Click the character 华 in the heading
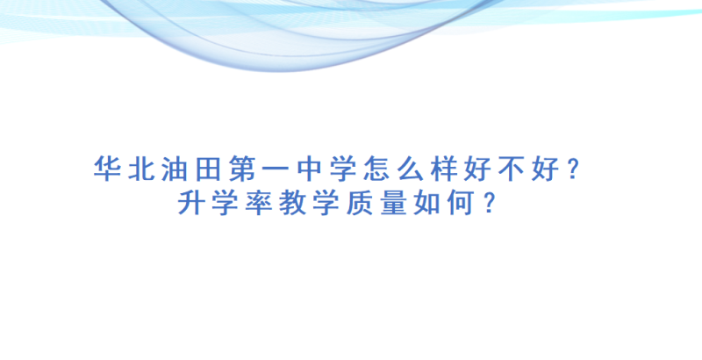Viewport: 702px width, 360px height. [x=107, y=169]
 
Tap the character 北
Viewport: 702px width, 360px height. [x=141, y=169]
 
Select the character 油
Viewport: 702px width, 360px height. [x=175, y=169]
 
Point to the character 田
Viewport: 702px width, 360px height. [x=209, y=169]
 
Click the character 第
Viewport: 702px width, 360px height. [x=242, y=169]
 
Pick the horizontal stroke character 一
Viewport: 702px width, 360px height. [x=276, y=169]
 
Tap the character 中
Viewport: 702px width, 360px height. [x=310, y=169]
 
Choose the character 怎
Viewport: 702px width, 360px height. [x=376, y=169]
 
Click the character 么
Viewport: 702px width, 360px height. [x=411, y=169]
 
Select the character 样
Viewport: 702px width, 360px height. [x=444, y=169]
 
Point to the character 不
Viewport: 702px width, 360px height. [x=512, y=169]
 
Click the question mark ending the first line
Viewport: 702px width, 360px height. [x=574, y=169]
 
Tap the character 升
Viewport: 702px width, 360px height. [x=192, y=203]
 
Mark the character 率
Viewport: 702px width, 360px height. [x=259, y=203]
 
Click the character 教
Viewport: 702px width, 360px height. [x=293, y=203]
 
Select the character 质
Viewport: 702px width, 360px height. [x=360, y=203]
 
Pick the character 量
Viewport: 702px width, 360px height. [x=393, y=203]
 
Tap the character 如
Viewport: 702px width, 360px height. [x=427, y=203]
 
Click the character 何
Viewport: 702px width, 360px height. [x=461, y=203]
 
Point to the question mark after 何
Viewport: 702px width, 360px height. [x=490, y=203]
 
